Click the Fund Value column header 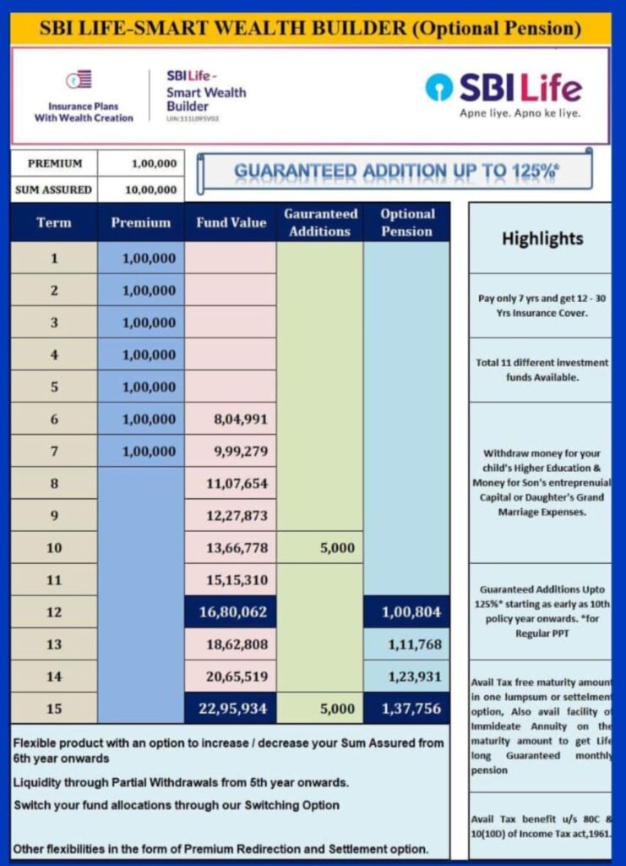click(x=231, y=222)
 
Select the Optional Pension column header click(x=406, y=222)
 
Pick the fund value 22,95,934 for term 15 click(x=231, y=709)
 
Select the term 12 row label click(x=54, y=612)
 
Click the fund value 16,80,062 click(x=231, y=612)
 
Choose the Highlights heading click(x=542, y=238)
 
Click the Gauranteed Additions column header click(x=320, y=222)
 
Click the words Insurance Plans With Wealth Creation click(x=84, y=112)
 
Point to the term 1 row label click(x=54, y=258)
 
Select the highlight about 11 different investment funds click(x=542, y=370)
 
